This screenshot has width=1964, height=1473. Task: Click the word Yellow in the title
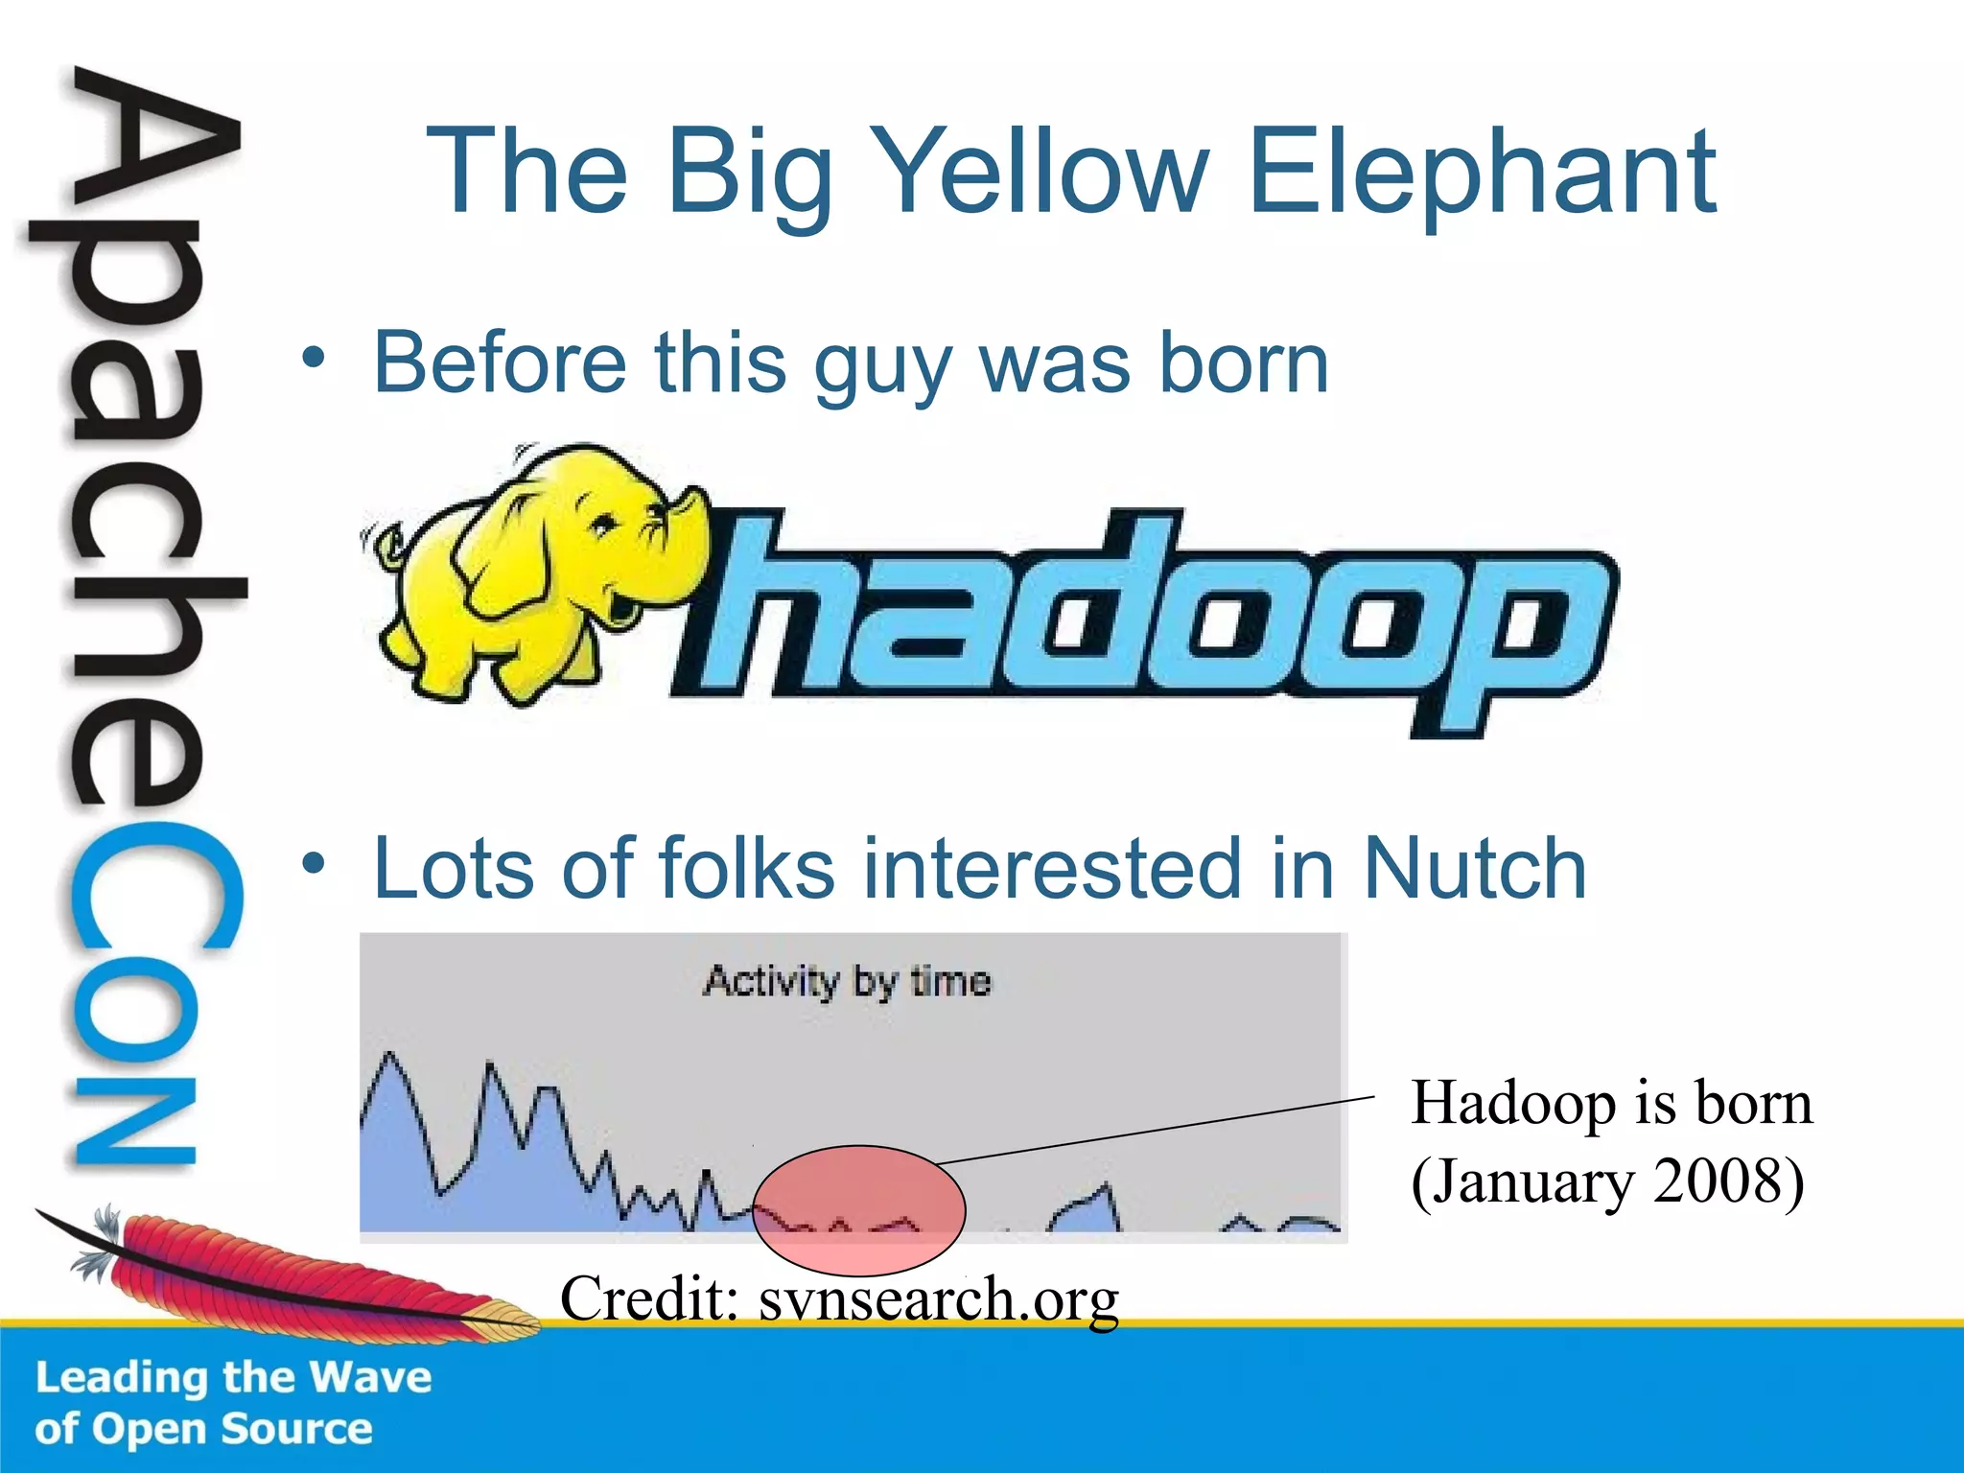point(1040,173)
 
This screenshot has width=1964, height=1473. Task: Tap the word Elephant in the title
point(1482,173)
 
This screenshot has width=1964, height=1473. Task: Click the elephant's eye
point(603,525)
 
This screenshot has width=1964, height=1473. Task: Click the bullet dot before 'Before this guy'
point(314,359)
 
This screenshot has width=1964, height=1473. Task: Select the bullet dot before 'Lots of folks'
point(314,864)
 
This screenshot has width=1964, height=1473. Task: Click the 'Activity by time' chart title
point(847,981)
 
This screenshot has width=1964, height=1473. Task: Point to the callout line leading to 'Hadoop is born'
point(1151,1131)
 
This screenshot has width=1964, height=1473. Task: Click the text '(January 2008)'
point(1607,1181)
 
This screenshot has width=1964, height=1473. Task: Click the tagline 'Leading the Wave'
point(233,1378)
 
